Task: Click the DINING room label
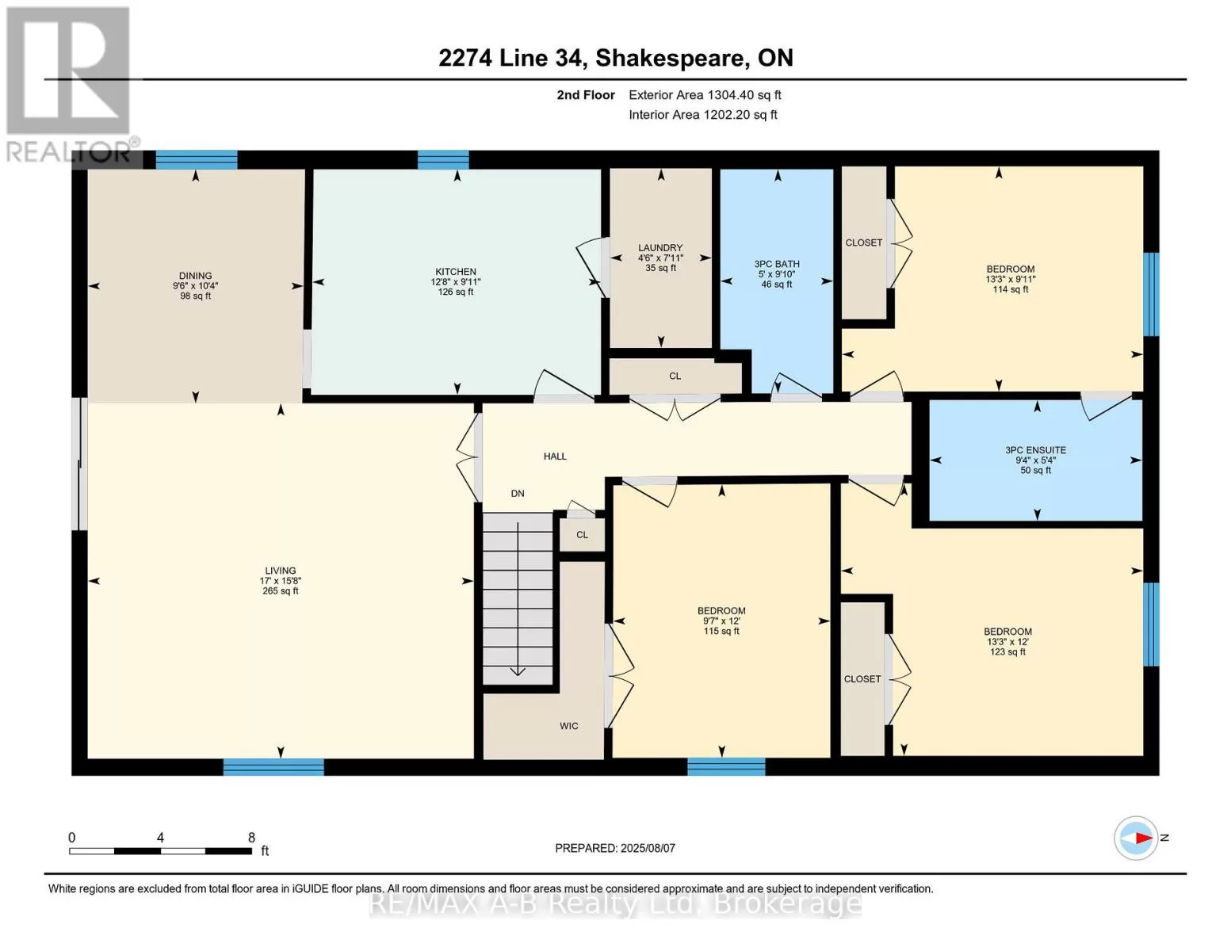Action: click(196, 276)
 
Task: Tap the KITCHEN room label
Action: click(456, 272)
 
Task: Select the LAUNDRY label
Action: click(660, 247)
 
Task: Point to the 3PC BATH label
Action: click(777, 264)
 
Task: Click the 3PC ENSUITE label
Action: click(1035, 450)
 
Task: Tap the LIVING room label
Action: click(281, 571)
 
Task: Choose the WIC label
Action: click(569, 726)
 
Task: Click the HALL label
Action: click(555, 456)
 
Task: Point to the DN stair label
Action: click(518, 494)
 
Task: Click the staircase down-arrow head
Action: click(518, 672)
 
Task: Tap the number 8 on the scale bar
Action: click(251, 837)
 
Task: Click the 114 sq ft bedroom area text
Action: click(1010, 289)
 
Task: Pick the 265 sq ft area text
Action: click(281, 590)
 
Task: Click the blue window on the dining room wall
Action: click(197, 160)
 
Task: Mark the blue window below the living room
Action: click(273, 767)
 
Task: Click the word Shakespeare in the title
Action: click(670, 59)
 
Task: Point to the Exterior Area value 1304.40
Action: click(732, 95)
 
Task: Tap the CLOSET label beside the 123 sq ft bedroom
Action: click(862, 679)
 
